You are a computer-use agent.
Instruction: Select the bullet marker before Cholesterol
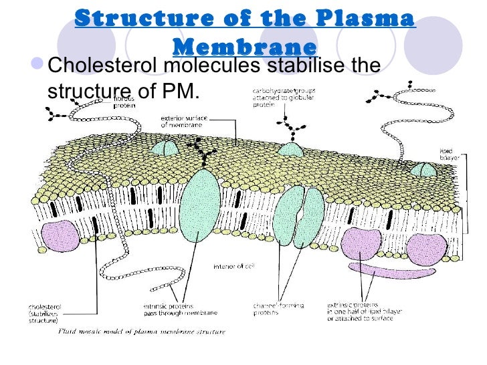click(x=42, y=66)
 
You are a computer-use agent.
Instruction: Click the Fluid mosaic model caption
click(x=142, y=330)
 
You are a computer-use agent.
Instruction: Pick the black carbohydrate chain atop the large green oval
click(x=199, y=154)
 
